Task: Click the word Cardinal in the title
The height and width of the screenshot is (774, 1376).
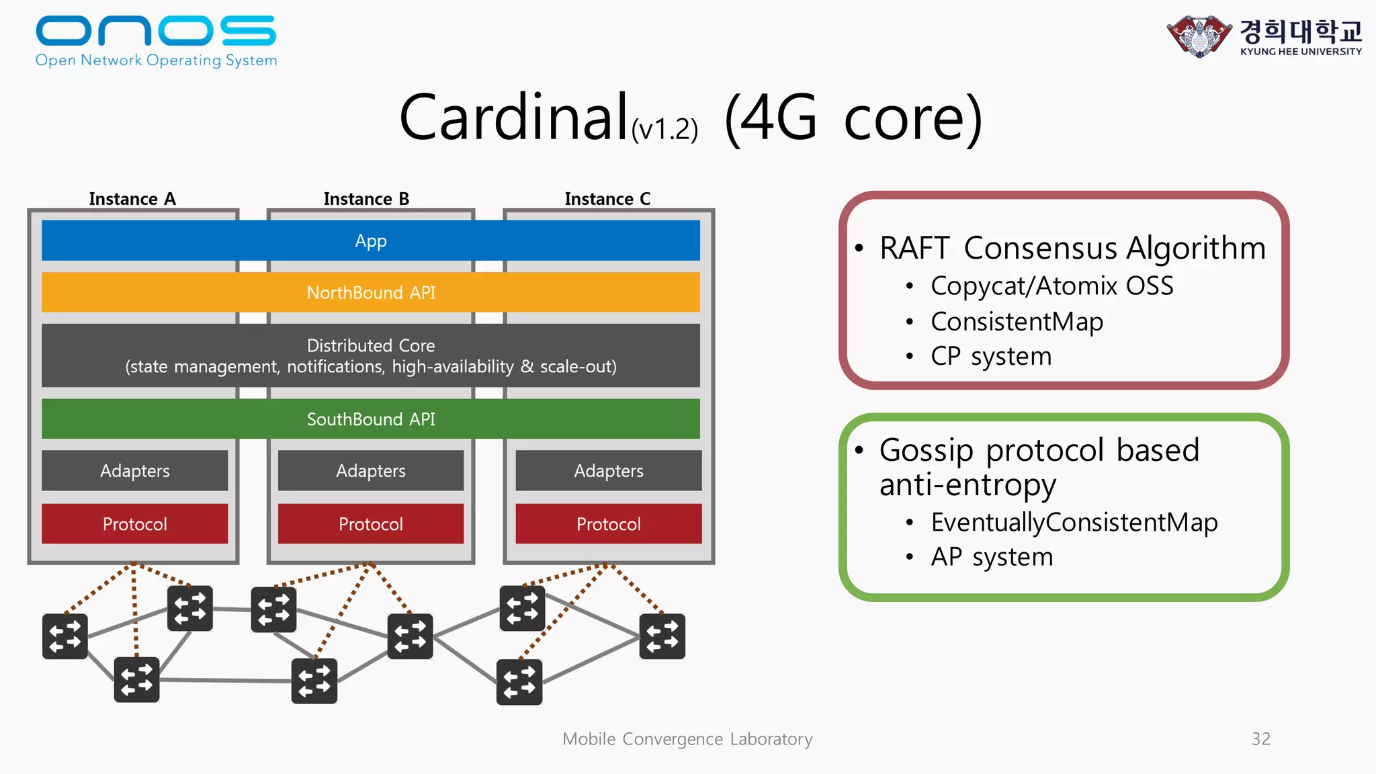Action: (513, 118)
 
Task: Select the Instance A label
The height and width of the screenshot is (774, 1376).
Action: (132, 199)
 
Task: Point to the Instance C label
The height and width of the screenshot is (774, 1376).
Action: (607, 199)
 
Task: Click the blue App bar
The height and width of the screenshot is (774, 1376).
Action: (371, 241)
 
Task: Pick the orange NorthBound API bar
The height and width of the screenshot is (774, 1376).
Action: (371, 292)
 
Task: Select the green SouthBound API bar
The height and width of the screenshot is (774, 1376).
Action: (371, 419)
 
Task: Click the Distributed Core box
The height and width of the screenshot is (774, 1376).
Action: (371, 355)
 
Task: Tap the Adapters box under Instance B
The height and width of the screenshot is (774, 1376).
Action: (371, 470)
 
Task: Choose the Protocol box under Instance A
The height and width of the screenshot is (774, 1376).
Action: (134, 524)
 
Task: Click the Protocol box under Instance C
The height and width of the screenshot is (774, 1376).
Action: (608, 524)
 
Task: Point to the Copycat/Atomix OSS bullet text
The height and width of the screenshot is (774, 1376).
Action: (1051, 286)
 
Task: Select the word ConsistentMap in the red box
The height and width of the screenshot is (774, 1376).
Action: (1017, 322)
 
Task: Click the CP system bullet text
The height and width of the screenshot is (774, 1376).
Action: (991, 356)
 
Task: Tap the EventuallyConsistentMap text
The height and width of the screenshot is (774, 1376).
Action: (1074, 522)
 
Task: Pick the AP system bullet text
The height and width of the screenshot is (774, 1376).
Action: (992, 557)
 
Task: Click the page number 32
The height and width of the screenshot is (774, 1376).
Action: (1260, 739)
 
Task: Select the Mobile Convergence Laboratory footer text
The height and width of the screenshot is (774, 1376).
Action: (687, 739)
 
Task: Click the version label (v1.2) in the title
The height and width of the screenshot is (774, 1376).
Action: (664, 129)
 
